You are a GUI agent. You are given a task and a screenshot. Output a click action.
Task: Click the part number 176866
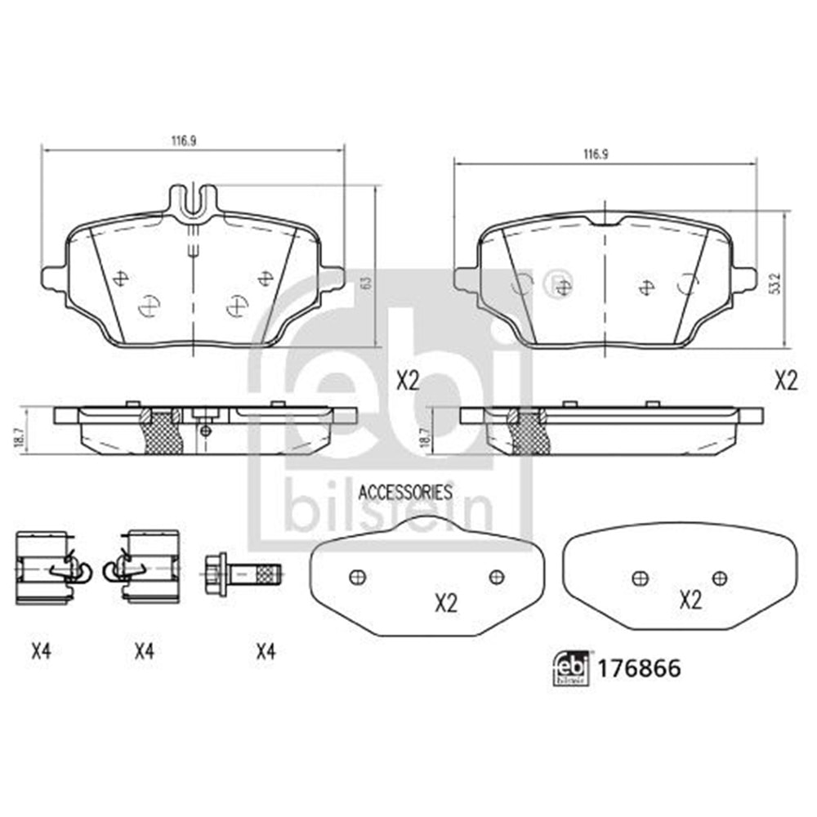point(640,668)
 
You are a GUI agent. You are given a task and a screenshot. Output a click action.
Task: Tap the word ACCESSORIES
point(405,492)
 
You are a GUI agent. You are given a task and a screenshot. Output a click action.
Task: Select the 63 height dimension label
point(366,282)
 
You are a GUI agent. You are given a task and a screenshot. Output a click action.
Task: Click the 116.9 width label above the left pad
point(185,141)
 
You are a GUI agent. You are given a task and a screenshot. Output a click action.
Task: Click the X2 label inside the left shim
point(444,604)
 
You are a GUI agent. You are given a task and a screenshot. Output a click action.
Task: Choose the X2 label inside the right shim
point(691,601)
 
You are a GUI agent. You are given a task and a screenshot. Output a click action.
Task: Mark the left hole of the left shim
point(355,577)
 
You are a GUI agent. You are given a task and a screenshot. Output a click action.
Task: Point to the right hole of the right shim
point(719,578)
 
